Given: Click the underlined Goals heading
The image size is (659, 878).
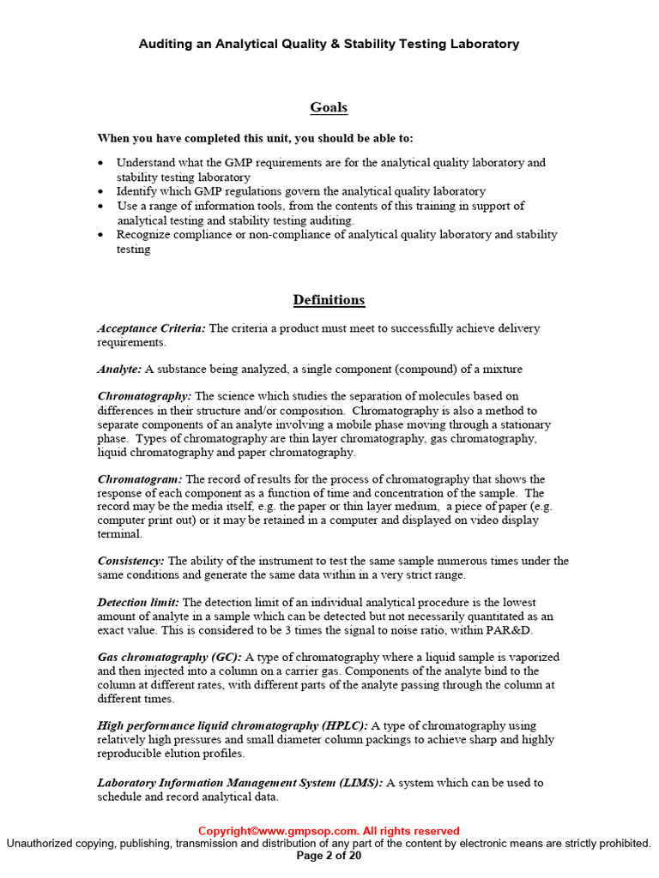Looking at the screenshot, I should [329, 107].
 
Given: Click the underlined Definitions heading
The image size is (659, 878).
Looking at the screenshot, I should [329, 300].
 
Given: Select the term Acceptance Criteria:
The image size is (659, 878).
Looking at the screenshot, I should [151, 328].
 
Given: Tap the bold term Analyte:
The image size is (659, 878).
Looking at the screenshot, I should [119, 370].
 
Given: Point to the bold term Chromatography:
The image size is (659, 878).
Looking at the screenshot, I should [144, 397].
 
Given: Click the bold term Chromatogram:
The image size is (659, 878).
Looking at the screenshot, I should [140, 479].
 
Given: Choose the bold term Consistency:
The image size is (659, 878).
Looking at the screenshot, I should [130, 562].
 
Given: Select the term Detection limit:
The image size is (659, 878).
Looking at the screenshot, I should [138, 603].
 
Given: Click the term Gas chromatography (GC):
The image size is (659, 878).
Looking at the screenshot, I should [169, 658].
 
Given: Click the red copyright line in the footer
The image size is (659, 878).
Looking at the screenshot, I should [329, 831].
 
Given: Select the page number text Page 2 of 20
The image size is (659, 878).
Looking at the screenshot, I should [329, 855].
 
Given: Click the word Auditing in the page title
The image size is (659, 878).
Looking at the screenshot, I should [166, 44].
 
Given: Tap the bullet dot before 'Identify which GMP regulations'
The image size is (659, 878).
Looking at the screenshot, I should [101, 192].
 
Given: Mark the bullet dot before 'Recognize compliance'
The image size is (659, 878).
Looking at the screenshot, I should [101, 235].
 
